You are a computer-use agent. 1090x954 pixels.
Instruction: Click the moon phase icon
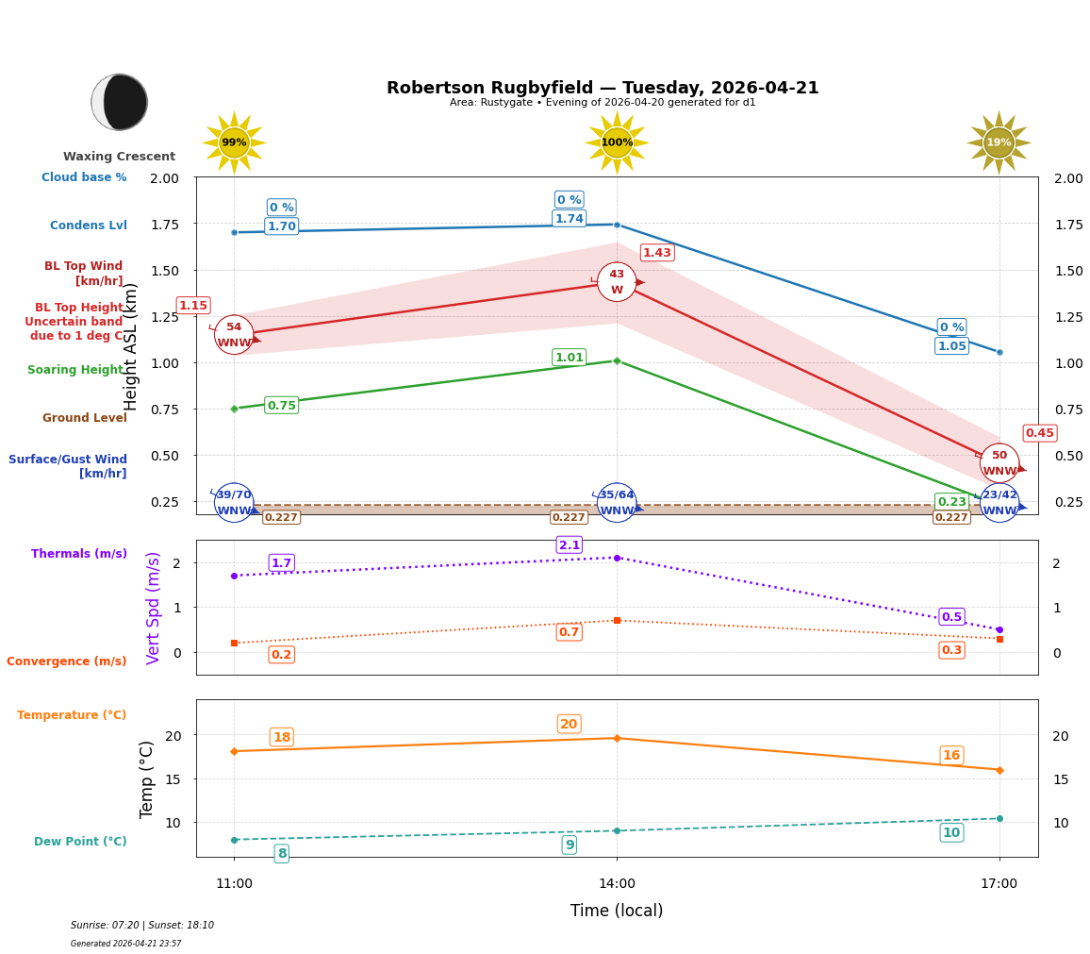120,102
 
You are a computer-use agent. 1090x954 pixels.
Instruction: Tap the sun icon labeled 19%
999,142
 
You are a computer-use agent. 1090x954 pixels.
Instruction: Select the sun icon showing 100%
617,142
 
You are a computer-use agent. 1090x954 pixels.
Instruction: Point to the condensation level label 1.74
569,219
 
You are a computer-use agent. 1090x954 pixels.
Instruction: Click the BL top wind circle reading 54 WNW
234,335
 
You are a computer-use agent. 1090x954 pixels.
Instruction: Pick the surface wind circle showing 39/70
234,502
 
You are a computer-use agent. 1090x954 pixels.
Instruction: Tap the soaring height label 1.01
569,358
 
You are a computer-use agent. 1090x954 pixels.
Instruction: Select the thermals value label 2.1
569,545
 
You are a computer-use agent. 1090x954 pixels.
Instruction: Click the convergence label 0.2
281,655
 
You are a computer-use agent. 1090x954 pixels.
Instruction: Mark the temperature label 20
569,725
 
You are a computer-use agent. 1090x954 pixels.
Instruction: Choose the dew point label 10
951,832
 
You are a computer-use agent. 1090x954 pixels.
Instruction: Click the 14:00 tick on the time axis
617,884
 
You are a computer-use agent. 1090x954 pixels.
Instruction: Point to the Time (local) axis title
617,911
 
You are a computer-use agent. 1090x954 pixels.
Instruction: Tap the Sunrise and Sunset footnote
142,926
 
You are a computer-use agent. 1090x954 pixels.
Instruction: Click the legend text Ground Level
85,418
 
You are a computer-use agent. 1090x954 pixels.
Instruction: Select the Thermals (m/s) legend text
79,554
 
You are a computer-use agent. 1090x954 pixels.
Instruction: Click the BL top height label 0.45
1039,433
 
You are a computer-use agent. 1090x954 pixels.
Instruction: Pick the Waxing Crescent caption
119,157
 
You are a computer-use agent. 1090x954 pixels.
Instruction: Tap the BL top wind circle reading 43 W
617,282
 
